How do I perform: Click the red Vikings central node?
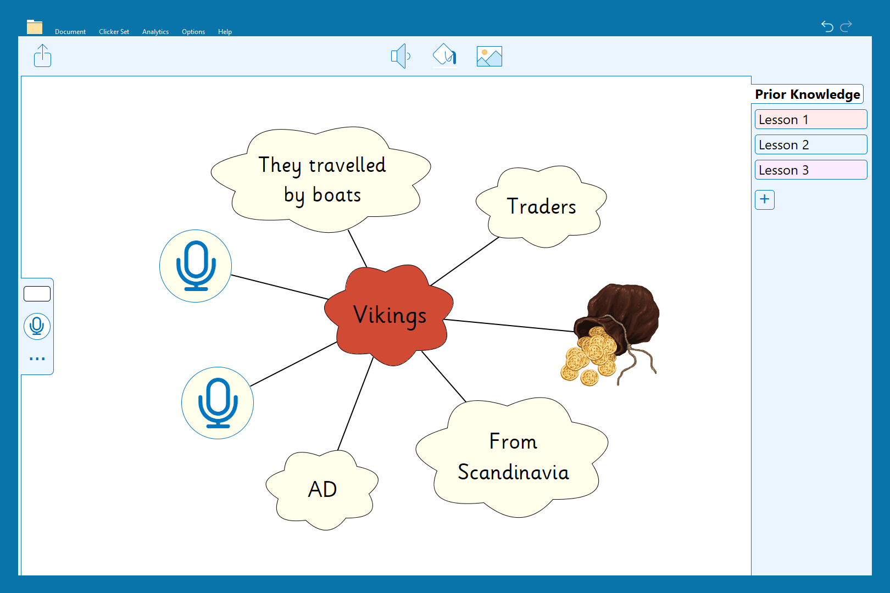tap(389, 315)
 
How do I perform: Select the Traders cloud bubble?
tap(541, 206)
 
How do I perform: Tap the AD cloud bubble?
tap(322, 490)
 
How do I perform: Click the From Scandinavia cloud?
tap(512, 457)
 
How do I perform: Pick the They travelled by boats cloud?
tap(321, 180)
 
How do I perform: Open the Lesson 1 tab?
tap(810, 120)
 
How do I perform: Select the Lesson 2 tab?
tap(810, 144)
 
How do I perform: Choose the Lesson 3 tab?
tap(810, 170)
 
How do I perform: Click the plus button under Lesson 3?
tap(764, 199)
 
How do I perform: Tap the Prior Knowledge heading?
tap(808, 94)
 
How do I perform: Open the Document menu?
tap(70, 32)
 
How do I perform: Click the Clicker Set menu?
tap(114, 32)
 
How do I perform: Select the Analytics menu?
tap(155, 32)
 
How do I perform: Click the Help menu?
tap(225, 32)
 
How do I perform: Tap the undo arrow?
tap(827, 26)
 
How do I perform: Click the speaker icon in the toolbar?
tap(400, 56)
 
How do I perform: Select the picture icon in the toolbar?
tap(489, 56)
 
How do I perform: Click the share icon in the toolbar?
tap(42, 55)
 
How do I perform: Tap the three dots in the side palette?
tap(37, 359)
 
